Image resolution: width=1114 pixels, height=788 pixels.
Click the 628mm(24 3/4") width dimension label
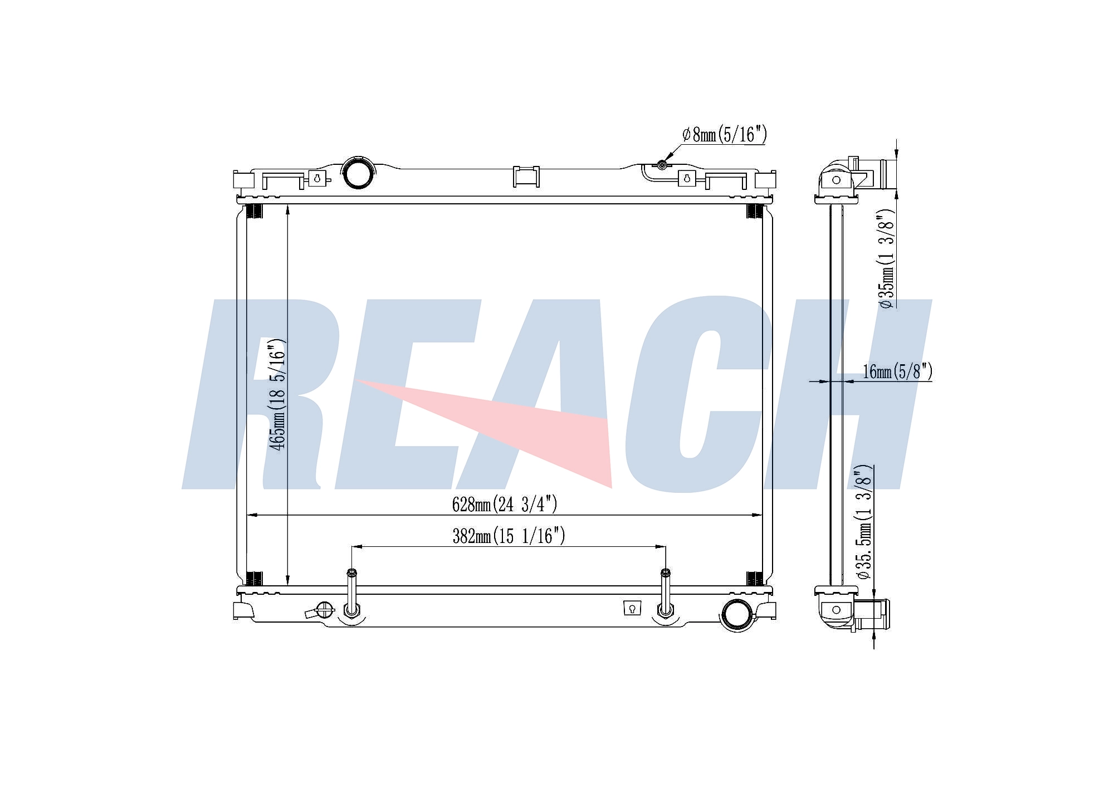click(505, 504)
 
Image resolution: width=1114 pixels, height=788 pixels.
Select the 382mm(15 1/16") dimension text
click(509, 536)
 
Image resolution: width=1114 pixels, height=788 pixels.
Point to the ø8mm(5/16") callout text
click(725, 134)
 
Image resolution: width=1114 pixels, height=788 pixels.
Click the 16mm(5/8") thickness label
click(897, 371)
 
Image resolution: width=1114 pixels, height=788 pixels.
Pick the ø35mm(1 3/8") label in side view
click(886, 259)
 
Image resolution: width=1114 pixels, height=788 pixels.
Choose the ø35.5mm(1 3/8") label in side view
click(864, 522)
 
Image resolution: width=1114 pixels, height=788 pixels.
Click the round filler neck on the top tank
click(358, 173)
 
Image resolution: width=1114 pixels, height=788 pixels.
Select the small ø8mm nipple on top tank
click(662, 165)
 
